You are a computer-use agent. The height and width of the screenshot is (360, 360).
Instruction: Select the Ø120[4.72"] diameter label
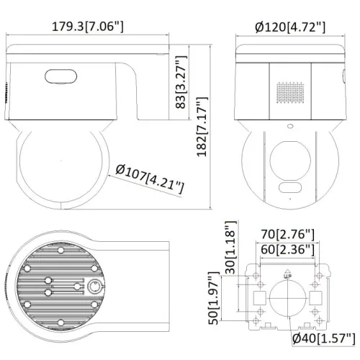(x=289, y=27)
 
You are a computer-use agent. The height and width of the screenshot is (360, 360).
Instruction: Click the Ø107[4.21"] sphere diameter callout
(x=149, y=178)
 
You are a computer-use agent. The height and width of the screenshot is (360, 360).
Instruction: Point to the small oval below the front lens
(x=290, y=189)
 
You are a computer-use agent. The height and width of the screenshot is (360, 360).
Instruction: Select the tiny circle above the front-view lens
(x=290, y=130)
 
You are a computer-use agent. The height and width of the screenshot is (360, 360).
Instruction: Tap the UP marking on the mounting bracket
(x=288, y=274)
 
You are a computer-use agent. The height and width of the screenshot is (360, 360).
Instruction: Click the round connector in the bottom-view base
(x=94, y=286)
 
